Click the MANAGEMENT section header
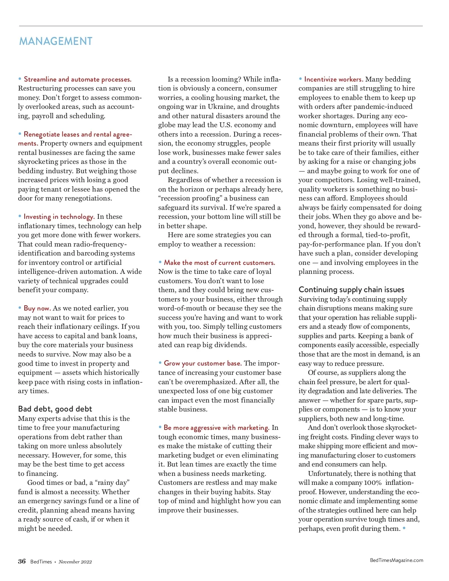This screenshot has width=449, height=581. pos(56,41)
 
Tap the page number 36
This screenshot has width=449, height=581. pos(22,561)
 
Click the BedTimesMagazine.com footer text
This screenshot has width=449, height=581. pos(396,560)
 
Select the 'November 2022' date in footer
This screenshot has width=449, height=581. pos(75,562)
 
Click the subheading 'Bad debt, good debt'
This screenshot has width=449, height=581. pos(55,409)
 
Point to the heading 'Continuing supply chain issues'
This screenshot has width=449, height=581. pos(351,290)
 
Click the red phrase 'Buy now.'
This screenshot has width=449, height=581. pos(37,308)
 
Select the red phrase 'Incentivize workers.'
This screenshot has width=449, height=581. pos(334,79)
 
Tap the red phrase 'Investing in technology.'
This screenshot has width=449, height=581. pos(59,217)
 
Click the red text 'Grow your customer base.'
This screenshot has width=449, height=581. pos(202,363)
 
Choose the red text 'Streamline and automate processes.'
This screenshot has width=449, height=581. pos(77,79)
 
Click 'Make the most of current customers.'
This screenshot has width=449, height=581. pos(219,263)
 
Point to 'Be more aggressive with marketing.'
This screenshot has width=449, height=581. pos(216,428)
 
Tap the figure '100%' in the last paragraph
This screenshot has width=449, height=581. pos(373,483)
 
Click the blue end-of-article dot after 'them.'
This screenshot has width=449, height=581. pos(404,528)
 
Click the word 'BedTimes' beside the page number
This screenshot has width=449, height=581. pos(41,562)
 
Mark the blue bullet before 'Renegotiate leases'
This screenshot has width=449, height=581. pos(20,134)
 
